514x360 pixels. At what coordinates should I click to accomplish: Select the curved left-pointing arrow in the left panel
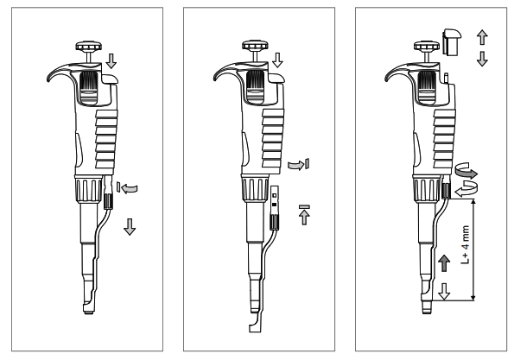pos(129,186)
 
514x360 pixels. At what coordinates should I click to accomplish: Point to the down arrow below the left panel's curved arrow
pos(129,226)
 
